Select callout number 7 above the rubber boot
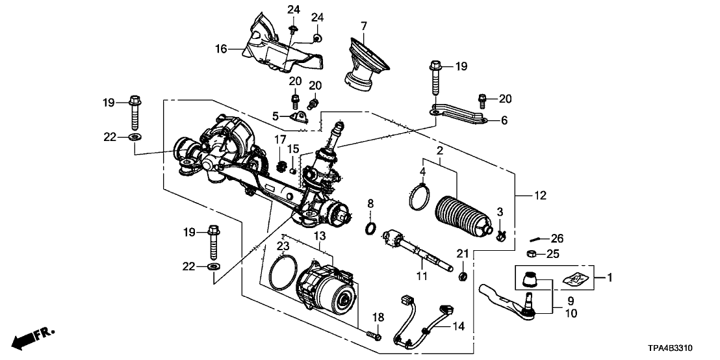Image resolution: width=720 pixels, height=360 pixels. (x=364, y=25)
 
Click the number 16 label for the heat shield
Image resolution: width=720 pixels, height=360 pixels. (x=221, y=48)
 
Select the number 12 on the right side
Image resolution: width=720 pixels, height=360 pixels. (x=541, y=195)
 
